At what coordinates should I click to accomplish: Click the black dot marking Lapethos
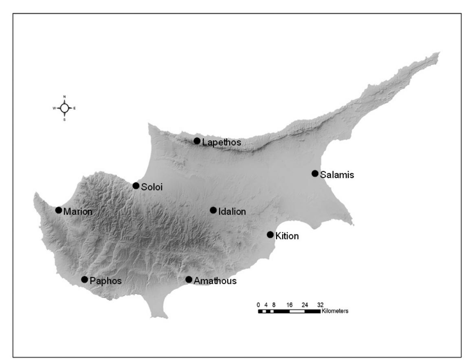[x=197, y=141]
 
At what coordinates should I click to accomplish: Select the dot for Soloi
[x=136, y=186]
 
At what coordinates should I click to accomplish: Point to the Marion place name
[x=77, y=212]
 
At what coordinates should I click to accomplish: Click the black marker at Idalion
[x=213, y=210]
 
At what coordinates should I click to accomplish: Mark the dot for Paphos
[x=84, y=280]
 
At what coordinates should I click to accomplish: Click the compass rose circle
[x=64, y=108]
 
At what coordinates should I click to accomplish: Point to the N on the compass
[x=64, y=97]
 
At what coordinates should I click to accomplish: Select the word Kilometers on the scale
[x=335, y=311]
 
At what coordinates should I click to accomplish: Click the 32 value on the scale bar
[x=321, y=305]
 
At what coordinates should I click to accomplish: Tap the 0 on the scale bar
[x=258, y=305]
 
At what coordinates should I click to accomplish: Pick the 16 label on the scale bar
[x=290, y=305]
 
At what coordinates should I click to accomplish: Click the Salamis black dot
[x=315, y=174]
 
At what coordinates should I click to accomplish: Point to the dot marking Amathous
[x=189, y=280]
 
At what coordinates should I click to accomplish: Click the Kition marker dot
[x=270, y=235]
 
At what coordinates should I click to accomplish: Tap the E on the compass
[x=75, y=108]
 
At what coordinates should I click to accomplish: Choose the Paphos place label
[x=106, y=281]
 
